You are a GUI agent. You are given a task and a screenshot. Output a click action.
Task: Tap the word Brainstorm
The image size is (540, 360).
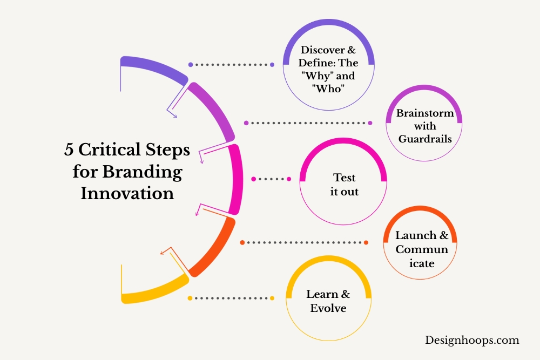425,113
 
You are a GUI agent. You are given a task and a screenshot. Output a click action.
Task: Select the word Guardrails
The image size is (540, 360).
425,139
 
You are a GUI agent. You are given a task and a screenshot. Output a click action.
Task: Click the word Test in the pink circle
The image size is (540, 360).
344,178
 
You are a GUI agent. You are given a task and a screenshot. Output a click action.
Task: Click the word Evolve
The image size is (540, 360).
328,308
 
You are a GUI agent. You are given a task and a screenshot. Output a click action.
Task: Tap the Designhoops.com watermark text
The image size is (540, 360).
472,340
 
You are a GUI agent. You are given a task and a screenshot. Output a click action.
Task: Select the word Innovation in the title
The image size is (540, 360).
127,193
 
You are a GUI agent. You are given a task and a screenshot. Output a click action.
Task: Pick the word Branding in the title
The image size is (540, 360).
142,172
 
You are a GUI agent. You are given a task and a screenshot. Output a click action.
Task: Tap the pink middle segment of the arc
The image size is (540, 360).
236,179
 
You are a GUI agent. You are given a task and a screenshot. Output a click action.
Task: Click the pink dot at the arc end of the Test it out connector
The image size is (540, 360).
253,179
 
